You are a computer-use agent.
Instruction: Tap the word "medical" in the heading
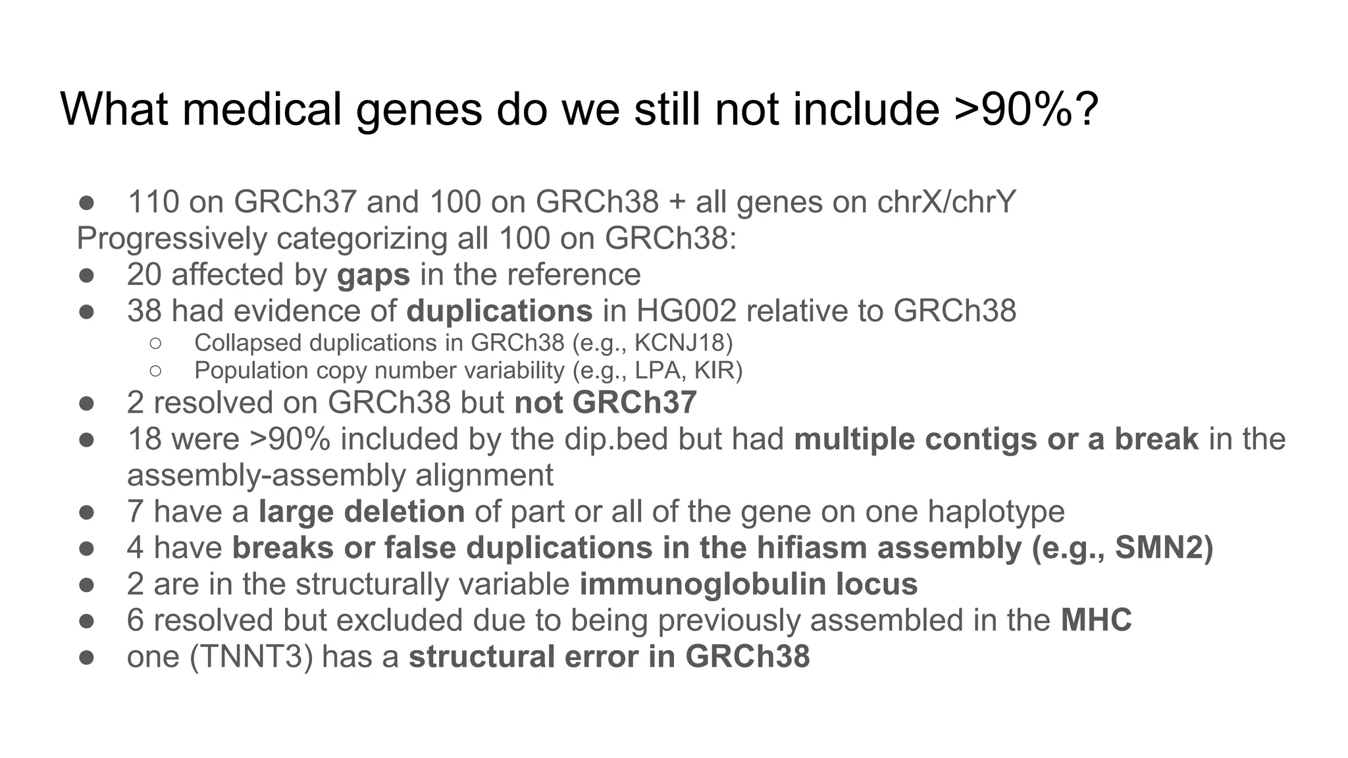pos(261,109)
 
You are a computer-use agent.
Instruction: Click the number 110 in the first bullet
pos(153,201)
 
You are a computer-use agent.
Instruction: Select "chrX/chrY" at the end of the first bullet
pos(946,201)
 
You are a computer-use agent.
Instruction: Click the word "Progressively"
pos(171,238)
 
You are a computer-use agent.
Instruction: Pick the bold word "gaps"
pos(373,275)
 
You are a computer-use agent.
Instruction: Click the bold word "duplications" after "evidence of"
pos(499,311)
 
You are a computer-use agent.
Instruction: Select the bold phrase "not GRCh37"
pos(605,403)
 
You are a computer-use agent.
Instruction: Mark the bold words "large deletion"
pos(361,511)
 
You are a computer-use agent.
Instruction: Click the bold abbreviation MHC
pos(1096,620)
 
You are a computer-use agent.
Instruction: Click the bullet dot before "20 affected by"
pos(86,275)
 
